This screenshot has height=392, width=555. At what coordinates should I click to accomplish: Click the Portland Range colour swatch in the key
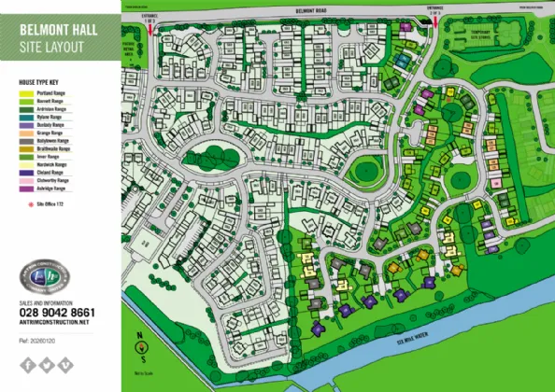click(x=24, y=92)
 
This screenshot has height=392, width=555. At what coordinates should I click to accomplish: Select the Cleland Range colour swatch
click(x=24, y=173)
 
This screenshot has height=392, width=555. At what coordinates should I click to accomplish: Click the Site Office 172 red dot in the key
click(x=25, y=203)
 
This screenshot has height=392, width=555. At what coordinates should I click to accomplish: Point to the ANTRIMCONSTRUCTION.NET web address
click(x=53, y=322)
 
